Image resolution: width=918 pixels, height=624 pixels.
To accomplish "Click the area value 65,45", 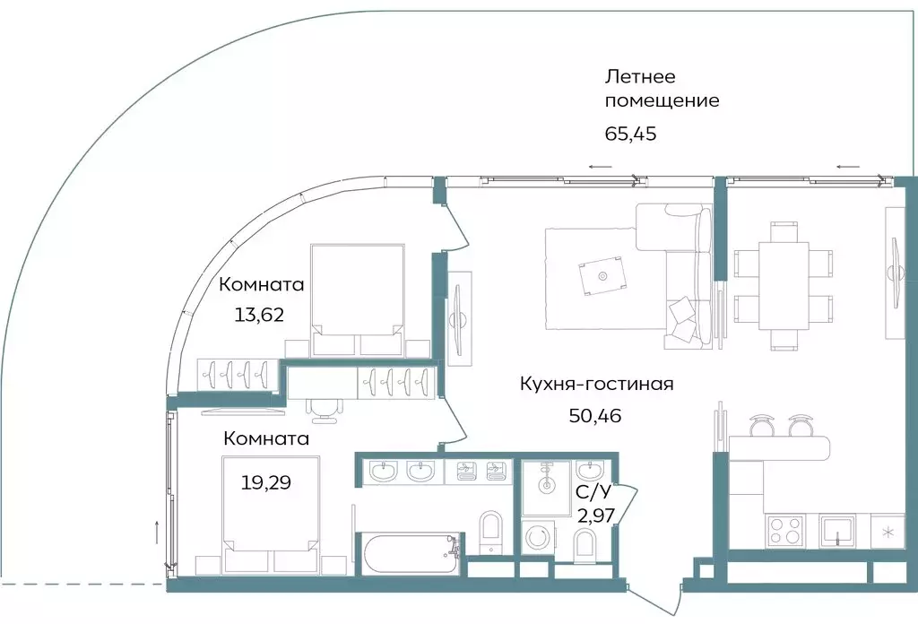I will click(632, 135).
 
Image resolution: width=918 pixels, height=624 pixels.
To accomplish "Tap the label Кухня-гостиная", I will click(596, 385).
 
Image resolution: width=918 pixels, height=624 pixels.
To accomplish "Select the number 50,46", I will click(595, 415).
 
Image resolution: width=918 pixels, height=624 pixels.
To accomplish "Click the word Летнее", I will click(640, 76).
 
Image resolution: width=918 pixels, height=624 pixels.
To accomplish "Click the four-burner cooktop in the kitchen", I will click(785, 531).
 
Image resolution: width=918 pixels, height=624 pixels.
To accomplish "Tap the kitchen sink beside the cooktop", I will click(836, 531).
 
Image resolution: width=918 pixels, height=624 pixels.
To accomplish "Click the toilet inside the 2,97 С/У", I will click(585, 542).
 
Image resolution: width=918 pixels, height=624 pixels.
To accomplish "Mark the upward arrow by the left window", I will click(158, 529).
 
